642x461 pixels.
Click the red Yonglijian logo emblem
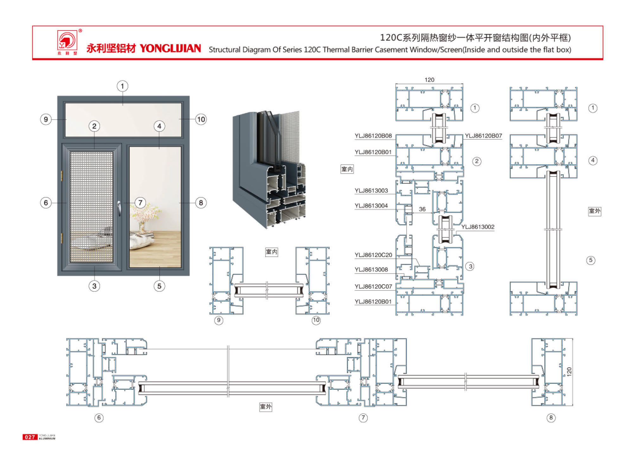pos(67,41)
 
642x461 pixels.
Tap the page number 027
pos(30,437)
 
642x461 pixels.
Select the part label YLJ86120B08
pos(373,136)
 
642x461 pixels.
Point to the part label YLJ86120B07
pos(483,136)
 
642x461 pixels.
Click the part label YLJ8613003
pos(371,190)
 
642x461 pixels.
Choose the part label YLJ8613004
pos(371,206)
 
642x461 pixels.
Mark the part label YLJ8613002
pos(478,227)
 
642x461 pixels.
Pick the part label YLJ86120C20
pos(373,255)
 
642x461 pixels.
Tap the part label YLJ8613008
pos(371,270)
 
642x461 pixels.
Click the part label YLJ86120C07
pos(373,286)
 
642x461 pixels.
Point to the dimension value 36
pos(422,209)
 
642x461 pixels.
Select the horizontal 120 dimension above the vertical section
pos(429,80)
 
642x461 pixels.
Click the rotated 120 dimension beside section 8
pos(569,372)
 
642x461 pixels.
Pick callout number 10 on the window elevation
pos(201,119)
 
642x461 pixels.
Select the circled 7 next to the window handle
pos(140,203)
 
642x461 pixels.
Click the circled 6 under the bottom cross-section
pos(99,418)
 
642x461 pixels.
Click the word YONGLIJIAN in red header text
pos(170,48)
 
